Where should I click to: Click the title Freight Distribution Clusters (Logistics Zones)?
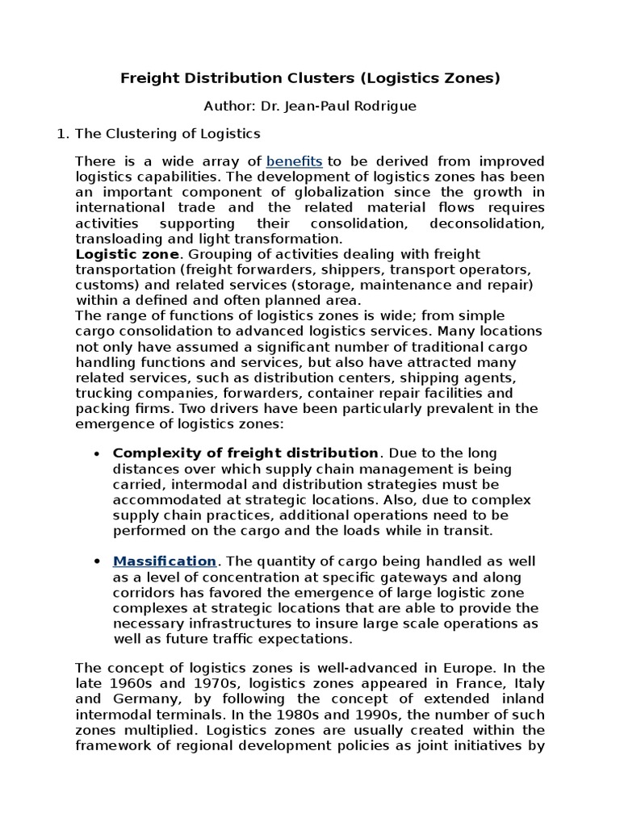(310, 78)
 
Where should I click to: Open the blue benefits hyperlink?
(294, 161)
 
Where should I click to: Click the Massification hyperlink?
(165, 561)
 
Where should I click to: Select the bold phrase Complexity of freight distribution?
(245, 453)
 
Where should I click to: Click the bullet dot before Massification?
(97, 561)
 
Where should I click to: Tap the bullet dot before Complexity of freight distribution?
(97, 453)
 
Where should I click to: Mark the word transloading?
(114, 238)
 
